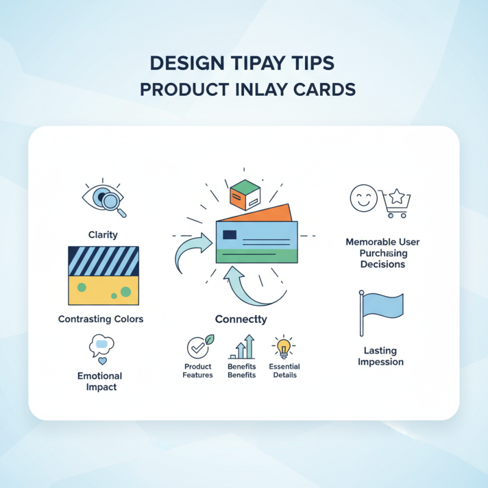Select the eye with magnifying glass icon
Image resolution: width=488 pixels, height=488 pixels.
[104, 199]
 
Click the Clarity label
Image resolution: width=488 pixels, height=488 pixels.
[102, 234]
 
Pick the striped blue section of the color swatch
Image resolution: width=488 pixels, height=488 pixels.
[103, 261]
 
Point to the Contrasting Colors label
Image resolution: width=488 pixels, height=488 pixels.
[101, 319]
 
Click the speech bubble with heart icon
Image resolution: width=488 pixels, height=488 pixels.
[101, 348]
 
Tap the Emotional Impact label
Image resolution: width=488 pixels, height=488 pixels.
[99, 381]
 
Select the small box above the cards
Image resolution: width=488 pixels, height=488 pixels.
[245, 196]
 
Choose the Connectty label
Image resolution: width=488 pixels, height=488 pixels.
[241, 319]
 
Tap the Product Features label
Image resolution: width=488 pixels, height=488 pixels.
[198, 371]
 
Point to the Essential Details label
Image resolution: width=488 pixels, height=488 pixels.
[284, 371]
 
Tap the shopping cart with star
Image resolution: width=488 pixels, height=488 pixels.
[395, 203]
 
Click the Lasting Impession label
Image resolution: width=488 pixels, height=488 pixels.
[381, 356]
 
